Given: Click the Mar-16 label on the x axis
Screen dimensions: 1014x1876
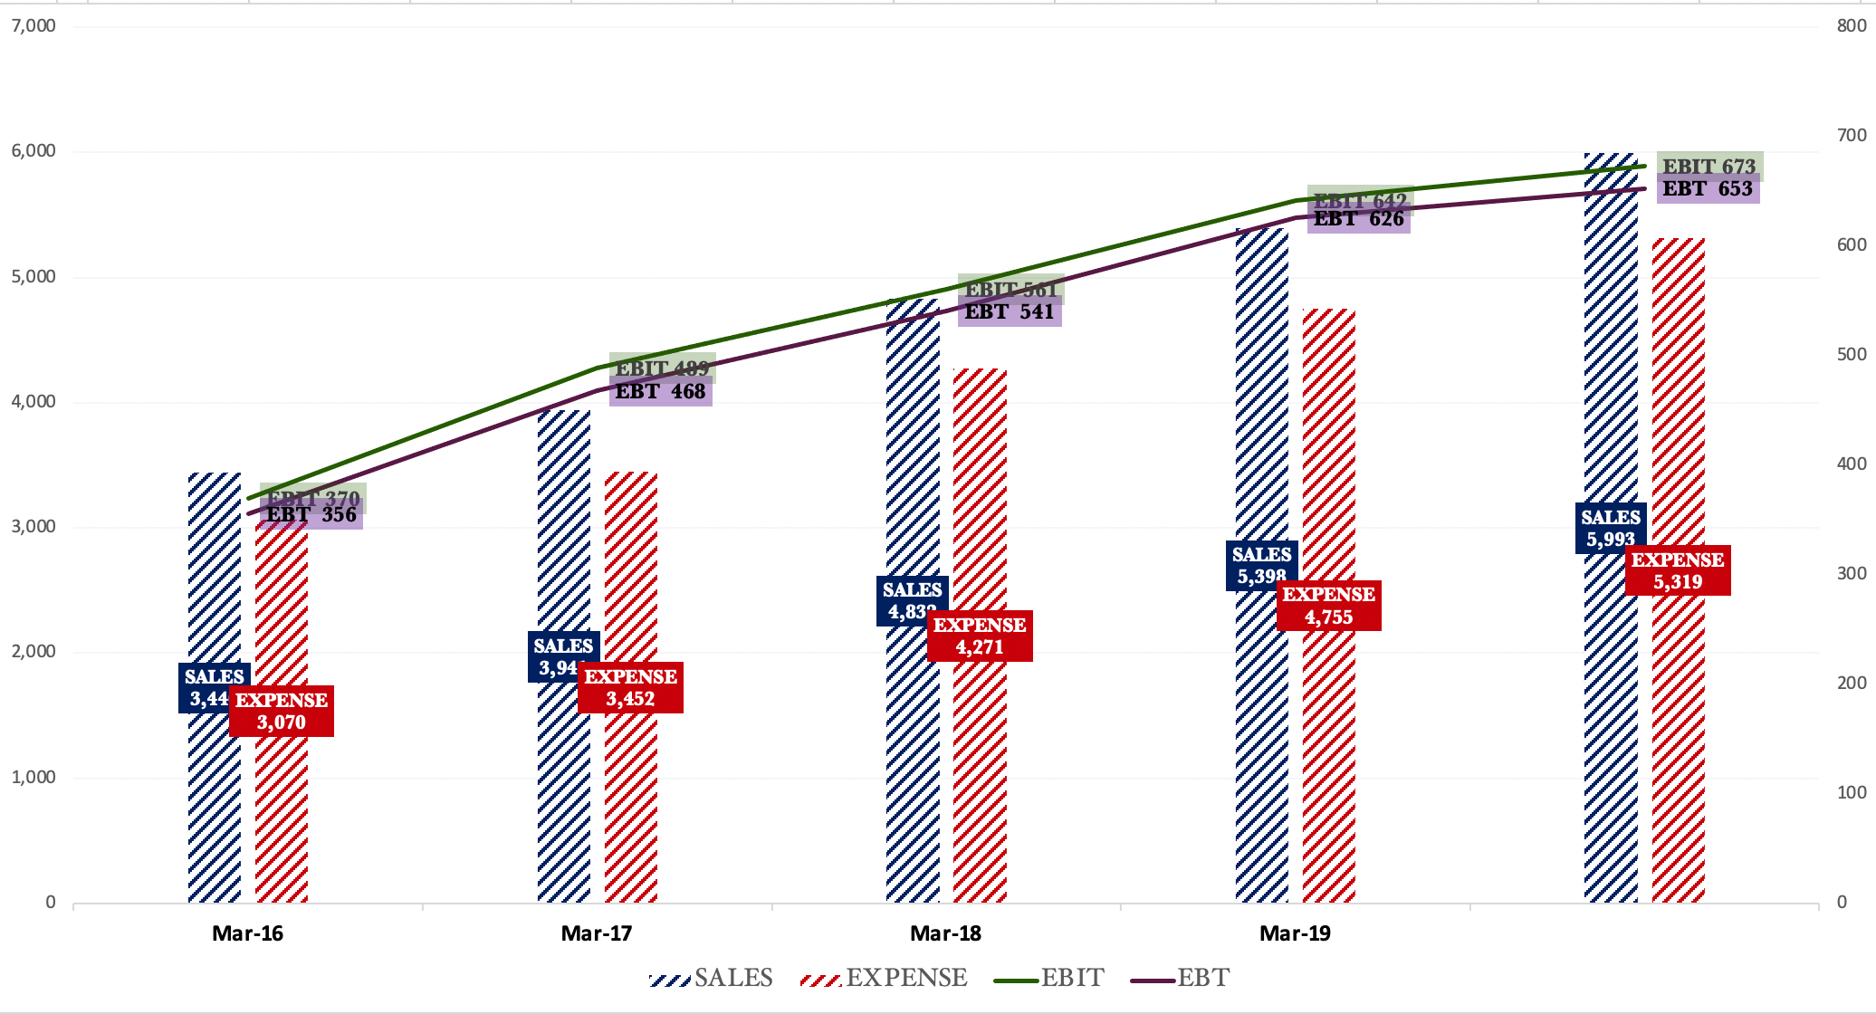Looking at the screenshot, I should click(247, 933).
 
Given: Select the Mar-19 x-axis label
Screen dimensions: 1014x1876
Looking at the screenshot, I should click(1295, 933).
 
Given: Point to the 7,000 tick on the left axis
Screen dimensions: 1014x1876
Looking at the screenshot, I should click(33, 25).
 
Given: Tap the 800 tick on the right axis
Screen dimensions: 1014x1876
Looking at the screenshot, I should click(1852, 25).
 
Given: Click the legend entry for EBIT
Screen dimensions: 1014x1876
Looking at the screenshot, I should click(1049, 978).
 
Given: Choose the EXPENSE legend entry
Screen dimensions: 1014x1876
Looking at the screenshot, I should click(885, 978).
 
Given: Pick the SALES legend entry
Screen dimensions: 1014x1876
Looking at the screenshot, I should click(712, 978).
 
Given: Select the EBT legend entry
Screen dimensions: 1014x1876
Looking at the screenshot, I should click(1181, 978).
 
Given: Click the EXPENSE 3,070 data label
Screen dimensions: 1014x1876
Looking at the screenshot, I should click(282, 711).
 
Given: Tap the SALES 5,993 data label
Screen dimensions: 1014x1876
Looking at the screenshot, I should click(1611, 528).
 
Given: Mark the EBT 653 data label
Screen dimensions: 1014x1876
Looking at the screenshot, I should click(1708, 189).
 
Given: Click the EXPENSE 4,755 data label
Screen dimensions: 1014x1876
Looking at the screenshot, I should click(1329, 606).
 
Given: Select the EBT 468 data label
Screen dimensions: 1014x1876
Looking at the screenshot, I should click(661, 392).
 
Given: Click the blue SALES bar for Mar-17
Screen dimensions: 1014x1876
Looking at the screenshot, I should click(563, 543).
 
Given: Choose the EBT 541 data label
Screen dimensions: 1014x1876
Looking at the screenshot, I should click(1010, 312).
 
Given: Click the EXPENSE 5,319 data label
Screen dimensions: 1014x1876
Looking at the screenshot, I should click(1678, 570).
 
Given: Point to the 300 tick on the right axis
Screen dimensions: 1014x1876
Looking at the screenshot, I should click(1852, 573).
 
